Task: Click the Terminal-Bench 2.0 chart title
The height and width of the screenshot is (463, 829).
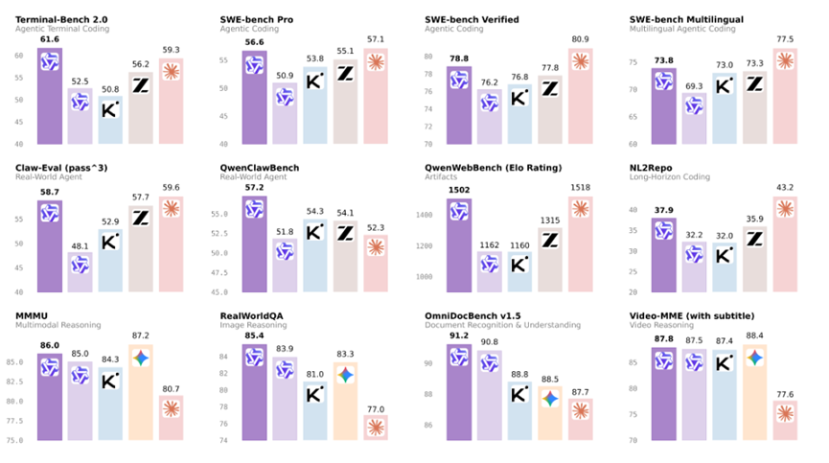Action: (x=61, y=19)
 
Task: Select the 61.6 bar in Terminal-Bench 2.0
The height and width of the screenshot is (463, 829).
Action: (x=50, y=96)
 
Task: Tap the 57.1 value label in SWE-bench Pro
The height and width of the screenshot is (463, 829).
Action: (x=376, y=39)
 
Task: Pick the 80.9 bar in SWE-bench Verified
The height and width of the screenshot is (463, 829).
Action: (x=581, y=96)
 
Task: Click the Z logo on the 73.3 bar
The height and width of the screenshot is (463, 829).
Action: (x=754, y=83)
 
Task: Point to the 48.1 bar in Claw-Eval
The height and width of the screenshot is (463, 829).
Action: (x=80, y=271)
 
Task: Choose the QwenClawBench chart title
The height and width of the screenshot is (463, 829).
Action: (x=260, y=168)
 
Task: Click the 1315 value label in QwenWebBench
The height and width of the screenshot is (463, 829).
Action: (x=550, y=220)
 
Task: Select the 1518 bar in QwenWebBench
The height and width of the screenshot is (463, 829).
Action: (x=581, y=244)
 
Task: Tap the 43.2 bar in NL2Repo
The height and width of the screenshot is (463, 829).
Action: (x=785, y=244)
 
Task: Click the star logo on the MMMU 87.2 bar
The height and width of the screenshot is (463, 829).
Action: (x=141, y=359)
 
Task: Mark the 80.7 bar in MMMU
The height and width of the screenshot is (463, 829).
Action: (x=171, y=418)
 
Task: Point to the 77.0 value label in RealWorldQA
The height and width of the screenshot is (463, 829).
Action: (x=376, y=409)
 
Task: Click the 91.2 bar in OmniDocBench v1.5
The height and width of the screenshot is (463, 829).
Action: (x=459, y=392)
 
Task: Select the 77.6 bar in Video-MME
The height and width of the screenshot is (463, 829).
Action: (x=785, y=420)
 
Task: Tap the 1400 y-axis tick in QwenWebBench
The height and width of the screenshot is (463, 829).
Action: (x=424, y=215)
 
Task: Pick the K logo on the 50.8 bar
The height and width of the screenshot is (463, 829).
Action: (x=110, y=109)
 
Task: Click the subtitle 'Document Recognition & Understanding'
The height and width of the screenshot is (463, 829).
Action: (x=502, y=325)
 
